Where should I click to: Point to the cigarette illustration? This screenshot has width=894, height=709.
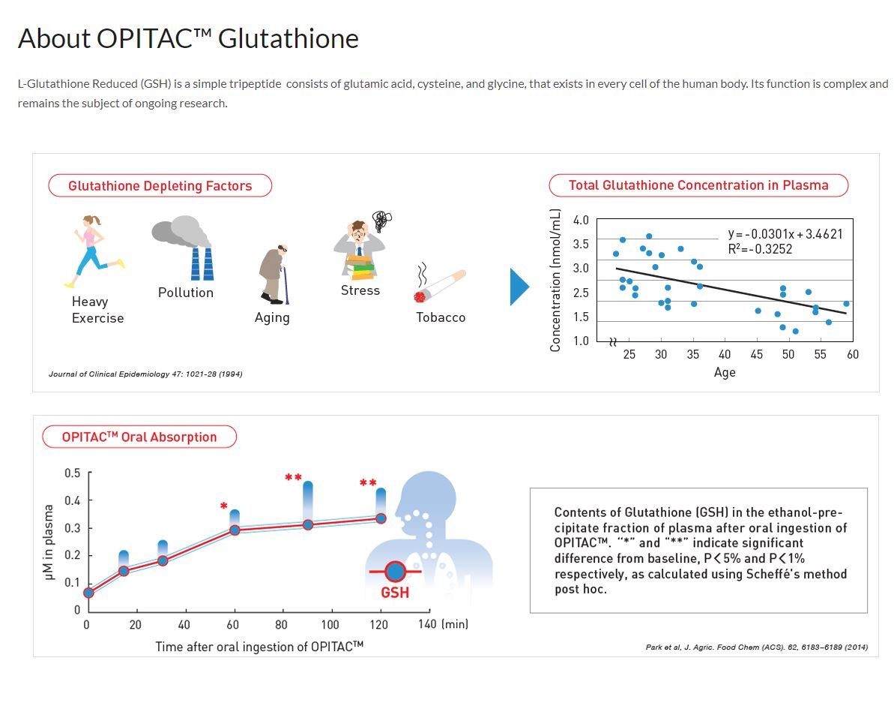pos(441,285)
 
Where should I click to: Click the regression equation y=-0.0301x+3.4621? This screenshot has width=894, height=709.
pos(785,234)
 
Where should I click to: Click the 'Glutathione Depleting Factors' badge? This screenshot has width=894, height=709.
pos(160,185)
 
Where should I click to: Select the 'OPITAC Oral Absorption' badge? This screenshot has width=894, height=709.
pos(139,437)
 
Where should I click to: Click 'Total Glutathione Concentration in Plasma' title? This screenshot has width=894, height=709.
pos(698,185)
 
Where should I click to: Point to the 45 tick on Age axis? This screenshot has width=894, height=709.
pos(757,354)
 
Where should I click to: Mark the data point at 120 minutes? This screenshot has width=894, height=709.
pos(381,518)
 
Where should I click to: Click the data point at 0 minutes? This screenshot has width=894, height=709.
pos(88,593)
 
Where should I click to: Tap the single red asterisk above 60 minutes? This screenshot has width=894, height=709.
pos(224,506)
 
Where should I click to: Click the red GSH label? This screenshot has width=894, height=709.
pos(395,593)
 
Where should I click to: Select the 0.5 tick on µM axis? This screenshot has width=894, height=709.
pos(73,473)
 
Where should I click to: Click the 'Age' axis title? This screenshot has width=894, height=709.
pos(725,372)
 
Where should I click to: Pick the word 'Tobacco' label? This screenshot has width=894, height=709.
pos(441,317)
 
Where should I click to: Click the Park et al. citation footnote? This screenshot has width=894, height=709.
pos(756,647)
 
